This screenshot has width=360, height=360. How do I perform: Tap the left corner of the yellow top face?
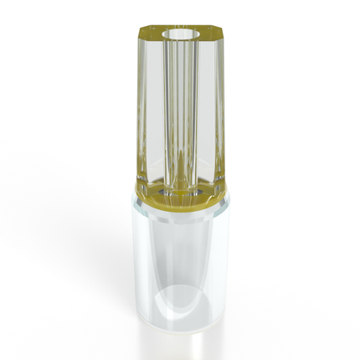[x=139, y=34]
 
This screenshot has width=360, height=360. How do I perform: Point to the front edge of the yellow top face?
[x=180, y=44]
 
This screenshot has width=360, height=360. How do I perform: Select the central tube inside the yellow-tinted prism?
[x=180, y=117]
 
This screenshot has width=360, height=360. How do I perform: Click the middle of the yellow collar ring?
[x=180, y=202]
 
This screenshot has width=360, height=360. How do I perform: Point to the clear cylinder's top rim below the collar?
[x=180, y=213]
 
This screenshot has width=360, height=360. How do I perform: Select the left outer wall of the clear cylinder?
[x=138, y=260]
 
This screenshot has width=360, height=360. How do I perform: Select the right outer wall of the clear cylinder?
[x=224, y=260]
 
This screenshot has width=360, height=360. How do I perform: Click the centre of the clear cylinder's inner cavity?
[x=179, y=260]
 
